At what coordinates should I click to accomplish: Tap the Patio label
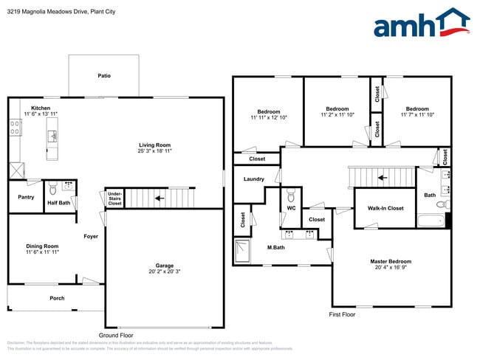(x=104, y=75)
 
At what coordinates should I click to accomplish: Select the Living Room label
(x=155, y=145)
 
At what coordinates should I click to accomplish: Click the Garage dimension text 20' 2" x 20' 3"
(x=164, y=272)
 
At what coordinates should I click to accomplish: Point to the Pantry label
(x=25, y=197)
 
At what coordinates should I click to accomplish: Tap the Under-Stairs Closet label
(x=114, y=198)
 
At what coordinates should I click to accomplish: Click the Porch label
(x=56, y=298)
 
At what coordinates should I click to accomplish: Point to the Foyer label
(x=90, y=237)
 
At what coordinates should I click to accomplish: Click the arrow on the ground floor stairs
(x=159, y=198)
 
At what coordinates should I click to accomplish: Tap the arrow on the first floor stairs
(x=382, y=177)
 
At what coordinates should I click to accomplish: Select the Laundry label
(x=253, y=179)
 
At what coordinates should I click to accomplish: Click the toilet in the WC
(x=291, y=196)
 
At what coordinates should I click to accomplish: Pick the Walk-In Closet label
(x=385, y=209)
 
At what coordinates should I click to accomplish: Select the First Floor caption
(x=342, y=314)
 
